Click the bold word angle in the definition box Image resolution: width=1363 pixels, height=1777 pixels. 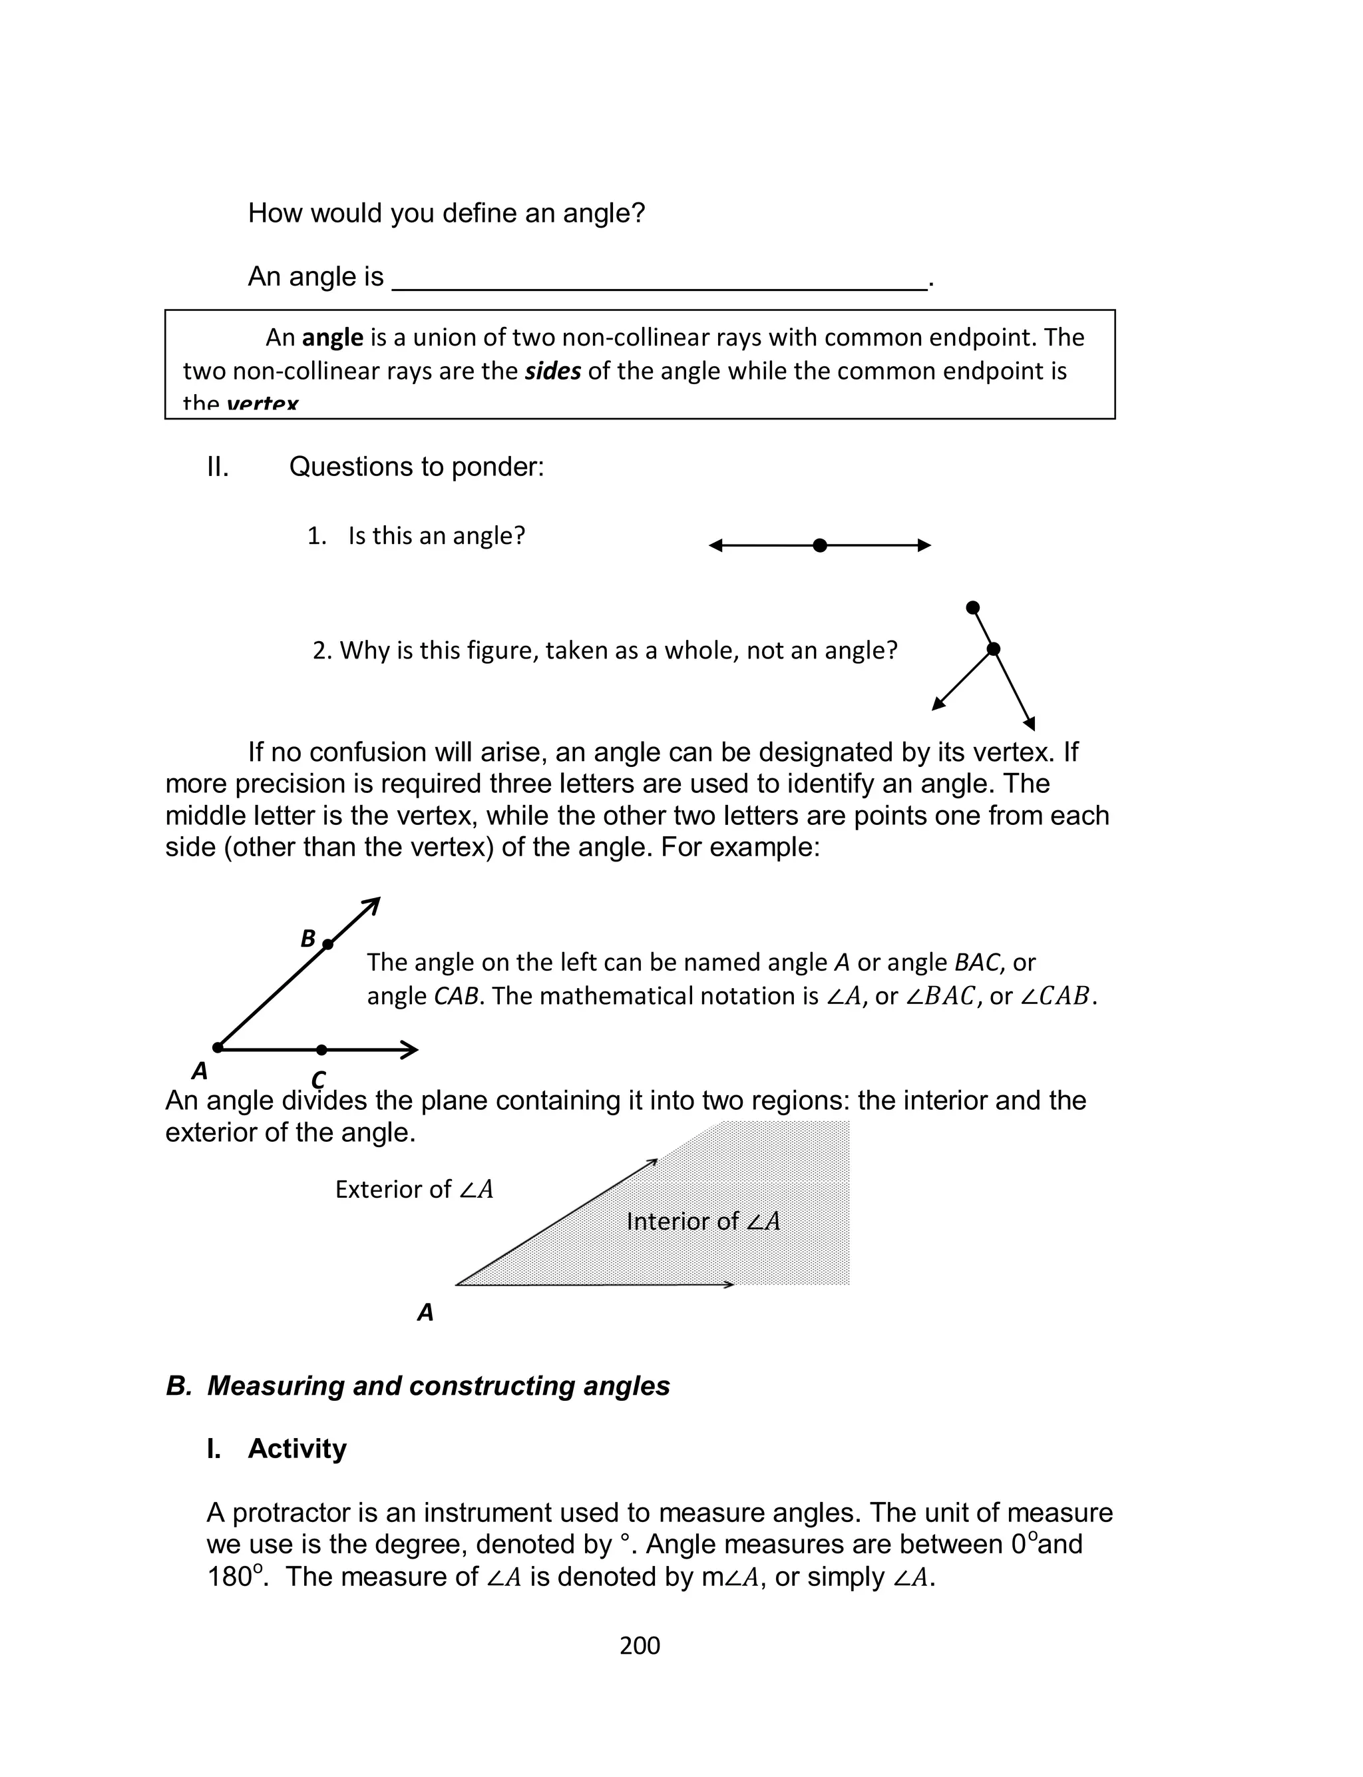pyautogui.click(x=332, y=337)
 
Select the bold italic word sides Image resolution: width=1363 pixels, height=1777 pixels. pyautogui.click(x=552, y=371)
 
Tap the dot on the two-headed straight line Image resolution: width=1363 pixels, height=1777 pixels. pyautogui.click(x=819, y=545)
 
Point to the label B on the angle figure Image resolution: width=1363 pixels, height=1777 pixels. pyautogui.click(x=307, y=939)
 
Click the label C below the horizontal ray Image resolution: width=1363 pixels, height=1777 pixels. pyautogui.click(x=318, y=1079)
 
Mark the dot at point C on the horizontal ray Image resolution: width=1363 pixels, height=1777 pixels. pyautogui.click(x=321, y=1050)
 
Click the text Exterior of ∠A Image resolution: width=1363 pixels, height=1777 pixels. pyautogui.click(x=414, y=1190)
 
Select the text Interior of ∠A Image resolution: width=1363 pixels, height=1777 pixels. pyautogui.click(x=703, y=1221)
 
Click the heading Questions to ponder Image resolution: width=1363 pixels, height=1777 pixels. pyautogui.click(x=416, y=467)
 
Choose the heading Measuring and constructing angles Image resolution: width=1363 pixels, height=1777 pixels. pyautogui.click(x=438, y=1386)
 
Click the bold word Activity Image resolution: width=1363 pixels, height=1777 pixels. pyautogui.click(x=297, y=1448)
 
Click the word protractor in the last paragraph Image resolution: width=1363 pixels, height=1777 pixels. pyautogui.click(x=301, y=1513)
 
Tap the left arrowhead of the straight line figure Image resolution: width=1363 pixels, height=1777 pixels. pyautogui.click(x=715, y=545)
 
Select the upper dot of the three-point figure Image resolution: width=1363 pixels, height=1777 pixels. pyautogui.click(x=973, y=608)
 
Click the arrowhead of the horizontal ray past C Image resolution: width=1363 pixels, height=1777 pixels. pyautogui.click(x=411, y=1050)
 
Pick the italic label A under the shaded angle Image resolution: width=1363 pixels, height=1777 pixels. pyautogui.click(x=425, y=1312)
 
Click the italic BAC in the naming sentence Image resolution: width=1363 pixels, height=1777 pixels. pyautogui.click(x=977, y=962)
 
